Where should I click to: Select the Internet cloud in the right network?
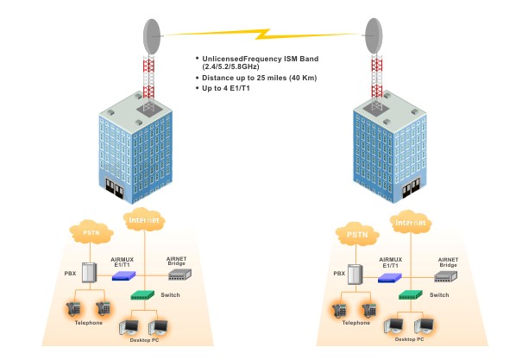tap(412, 221)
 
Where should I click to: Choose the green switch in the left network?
tap(141, 295)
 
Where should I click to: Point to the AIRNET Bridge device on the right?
tap(444, 276)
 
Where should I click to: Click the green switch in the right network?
tap(410, 295)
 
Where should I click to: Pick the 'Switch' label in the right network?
tap(439, 295)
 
